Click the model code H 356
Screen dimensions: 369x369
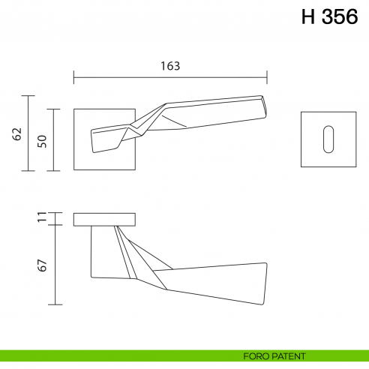pos(329,18)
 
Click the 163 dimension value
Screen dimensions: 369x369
pos(170,65)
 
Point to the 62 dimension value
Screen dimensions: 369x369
pos(17,133)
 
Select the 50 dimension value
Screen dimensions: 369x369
pos(42,140)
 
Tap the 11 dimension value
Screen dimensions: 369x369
pos(42,218)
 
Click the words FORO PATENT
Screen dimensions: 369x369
pos(274,356)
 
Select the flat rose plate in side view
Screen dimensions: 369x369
pos(105,219)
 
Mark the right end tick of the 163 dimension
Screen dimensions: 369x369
pos(268,76)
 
